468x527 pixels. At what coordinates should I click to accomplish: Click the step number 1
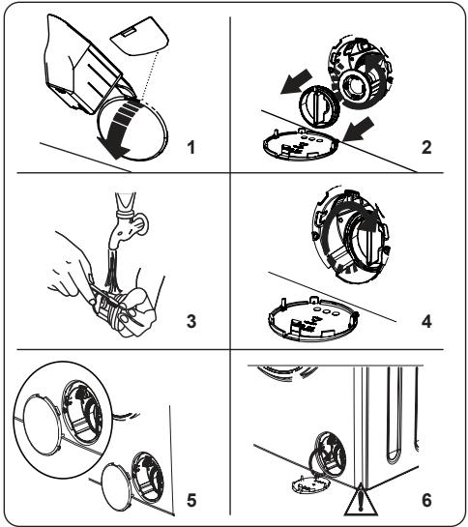[x=190, y=147]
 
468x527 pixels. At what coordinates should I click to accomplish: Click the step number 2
[x=426, y=147]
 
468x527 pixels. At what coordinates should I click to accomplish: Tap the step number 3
[x=191, y=321]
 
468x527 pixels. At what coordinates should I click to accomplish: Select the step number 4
[x=426, y=321]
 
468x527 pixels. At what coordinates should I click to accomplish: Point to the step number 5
[x=191, y=500]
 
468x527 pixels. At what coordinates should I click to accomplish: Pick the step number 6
[x=426, y=500]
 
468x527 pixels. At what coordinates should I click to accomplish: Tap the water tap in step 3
[x=129, y=221]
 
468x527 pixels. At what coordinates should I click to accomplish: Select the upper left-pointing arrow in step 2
[x=297, y=81]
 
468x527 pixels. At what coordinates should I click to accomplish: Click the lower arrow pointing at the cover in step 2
[x=359, y=129]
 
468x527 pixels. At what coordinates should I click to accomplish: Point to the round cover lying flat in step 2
[x=301, y=146]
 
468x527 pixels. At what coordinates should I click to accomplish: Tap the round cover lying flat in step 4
[x=313, y=318]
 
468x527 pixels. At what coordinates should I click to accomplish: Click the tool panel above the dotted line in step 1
[x=138, y=36]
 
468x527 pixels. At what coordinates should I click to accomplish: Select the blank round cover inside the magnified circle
[x=41, y=425]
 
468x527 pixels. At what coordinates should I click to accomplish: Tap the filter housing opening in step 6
[x=329, y=454]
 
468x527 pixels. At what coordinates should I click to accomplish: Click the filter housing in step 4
[x=351, y=236]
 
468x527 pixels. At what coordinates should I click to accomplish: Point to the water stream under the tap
[x=112, y=271]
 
